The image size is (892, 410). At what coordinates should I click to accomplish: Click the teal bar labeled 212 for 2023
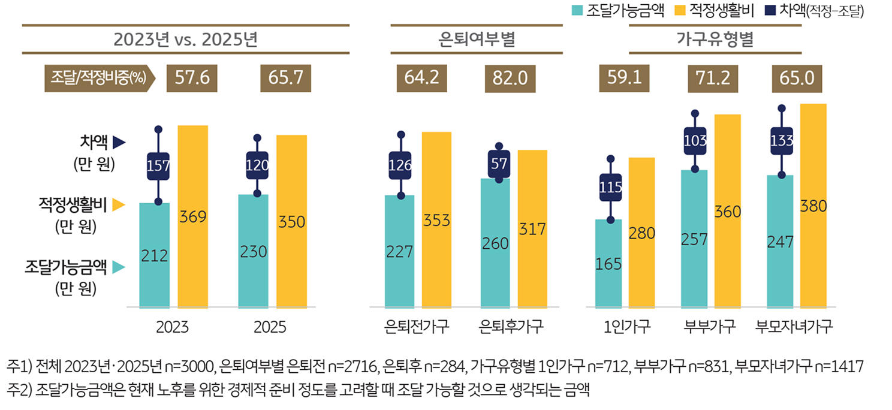pyautogui.click(x=154, y=255)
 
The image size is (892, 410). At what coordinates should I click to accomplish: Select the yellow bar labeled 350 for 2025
pyautogui.click(x=291, y=222)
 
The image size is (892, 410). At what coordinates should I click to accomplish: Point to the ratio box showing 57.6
pyautogui.click(x=192, y=79)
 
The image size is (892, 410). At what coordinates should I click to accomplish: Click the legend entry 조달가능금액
pyautogui.click(x=619, y=10)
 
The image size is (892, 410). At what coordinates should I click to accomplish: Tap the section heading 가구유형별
pyautogui.click(x=715, y=40)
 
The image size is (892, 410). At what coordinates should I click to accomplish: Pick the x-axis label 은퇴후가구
pyautogui.click(x=511, y=327)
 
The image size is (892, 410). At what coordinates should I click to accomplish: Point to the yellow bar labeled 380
pyautogui.click(x=813, y=206)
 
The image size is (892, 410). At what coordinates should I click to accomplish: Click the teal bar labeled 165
pyautogui.click(x=608, y=264)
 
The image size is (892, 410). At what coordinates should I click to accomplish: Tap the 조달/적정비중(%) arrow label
pyautogui.click(x=99, y=79)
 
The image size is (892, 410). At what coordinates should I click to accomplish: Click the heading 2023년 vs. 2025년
pyautogui.click(x=185, y=40)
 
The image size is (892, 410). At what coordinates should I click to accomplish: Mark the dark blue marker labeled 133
pyautogui.click(x=781, y=141)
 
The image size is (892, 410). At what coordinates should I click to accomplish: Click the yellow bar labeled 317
pyautogui.click(x=532, y=229)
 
